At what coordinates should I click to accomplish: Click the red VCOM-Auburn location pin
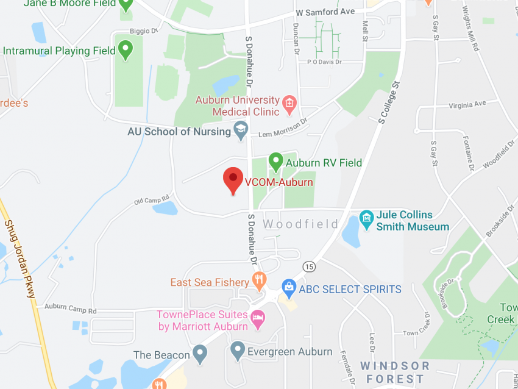click(233, 179)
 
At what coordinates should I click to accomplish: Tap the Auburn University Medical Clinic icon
click(289, 105)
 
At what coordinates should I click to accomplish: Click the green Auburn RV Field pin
click(275, 162)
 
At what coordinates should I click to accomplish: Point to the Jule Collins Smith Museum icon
click(366, 218)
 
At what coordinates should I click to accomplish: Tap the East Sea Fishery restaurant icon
click(260, 281)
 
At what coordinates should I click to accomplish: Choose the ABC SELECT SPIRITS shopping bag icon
click(289, 287)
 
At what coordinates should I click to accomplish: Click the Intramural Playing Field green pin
click(126, 49)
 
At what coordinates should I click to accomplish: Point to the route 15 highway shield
click(310, 266)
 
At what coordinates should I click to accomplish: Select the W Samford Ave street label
click(325, 12)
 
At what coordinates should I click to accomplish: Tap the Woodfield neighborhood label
click(300, 224)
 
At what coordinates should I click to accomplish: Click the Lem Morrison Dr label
click(284, 124)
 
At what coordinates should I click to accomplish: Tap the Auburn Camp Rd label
click(71, 309)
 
